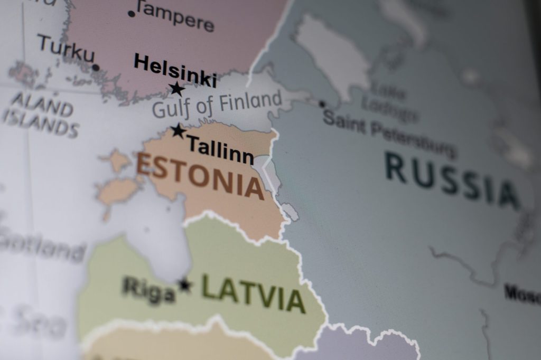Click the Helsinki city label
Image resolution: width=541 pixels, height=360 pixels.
click(175, 70)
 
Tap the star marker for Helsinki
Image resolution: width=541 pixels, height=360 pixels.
click(177, 89)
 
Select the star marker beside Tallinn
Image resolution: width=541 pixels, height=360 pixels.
click(179, 130)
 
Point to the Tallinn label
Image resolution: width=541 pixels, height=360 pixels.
click(220, 149)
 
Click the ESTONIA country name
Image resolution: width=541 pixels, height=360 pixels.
click(200, 176)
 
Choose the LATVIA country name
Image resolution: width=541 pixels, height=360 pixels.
click(253, 294)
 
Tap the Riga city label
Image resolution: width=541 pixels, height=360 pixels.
click(148, 290)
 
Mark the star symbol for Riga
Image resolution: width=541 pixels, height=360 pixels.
click(184, 285)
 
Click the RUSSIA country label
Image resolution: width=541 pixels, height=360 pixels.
click(452, 180)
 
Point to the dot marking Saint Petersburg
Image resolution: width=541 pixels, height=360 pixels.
click(322, 104)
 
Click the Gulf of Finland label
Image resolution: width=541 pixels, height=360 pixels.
click(217, 103)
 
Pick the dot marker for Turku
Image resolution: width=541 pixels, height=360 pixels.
click(96, 67)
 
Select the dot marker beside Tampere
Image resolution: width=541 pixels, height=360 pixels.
click(132, 13)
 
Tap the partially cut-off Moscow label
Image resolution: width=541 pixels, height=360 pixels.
click(522, 293)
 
